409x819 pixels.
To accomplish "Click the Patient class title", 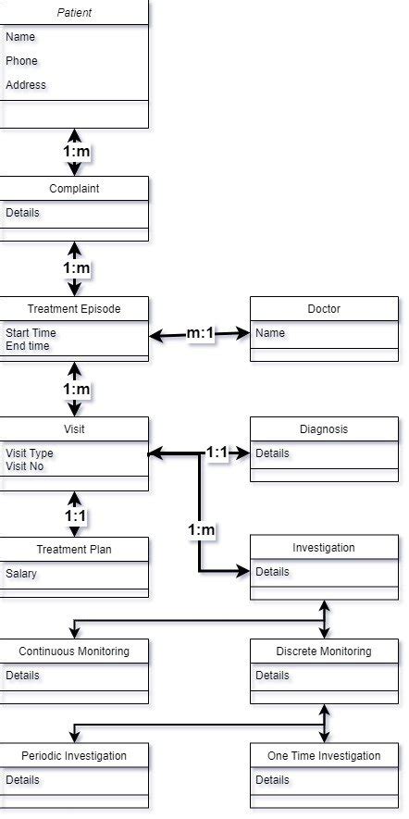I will pos(74,13).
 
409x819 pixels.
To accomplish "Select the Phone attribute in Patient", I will pos(22,61).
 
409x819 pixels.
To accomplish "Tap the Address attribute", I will pos(26,85).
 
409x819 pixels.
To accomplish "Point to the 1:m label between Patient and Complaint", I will pos(76,151).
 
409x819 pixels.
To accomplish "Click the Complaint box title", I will pos(74,189).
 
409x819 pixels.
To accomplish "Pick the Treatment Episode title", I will pos(74,309).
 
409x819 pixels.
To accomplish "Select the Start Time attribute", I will pos(31,333).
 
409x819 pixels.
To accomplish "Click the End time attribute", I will pos(28,346).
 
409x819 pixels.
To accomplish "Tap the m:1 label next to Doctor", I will pos(202,333).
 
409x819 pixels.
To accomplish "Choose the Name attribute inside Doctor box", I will pos(270,333).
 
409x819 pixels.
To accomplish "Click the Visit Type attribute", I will pos(30,453).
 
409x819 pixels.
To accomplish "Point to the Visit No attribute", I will pos(26,466).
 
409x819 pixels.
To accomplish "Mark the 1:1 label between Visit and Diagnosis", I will pos(217,453).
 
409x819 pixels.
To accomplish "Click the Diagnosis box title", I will pos(324,429).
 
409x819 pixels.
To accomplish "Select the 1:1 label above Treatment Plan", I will pos(76,515).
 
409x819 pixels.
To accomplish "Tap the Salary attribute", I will pos(21,574).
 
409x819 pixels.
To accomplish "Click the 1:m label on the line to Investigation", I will pos(201,529).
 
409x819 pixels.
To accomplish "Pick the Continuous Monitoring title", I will pos(74,651).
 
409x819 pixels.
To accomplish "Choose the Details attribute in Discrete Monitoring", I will pos(272,676).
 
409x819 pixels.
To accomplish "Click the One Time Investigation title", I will pos(324,756).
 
